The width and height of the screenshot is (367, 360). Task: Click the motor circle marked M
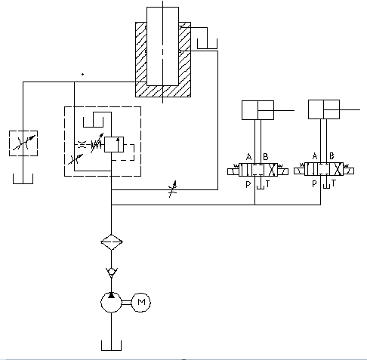(142, 303)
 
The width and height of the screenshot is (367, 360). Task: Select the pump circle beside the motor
(112, 303)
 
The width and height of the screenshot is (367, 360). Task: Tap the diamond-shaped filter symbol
(112, 243)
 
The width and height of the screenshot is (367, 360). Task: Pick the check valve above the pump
(112, 272)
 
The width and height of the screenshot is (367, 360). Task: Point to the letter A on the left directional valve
(249, 157)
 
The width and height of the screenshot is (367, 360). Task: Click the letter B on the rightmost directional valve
(331, 157)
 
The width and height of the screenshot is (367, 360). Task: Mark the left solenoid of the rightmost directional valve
(301, 172)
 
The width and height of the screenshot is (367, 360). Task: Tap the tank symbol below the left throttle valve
(23, 179)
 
